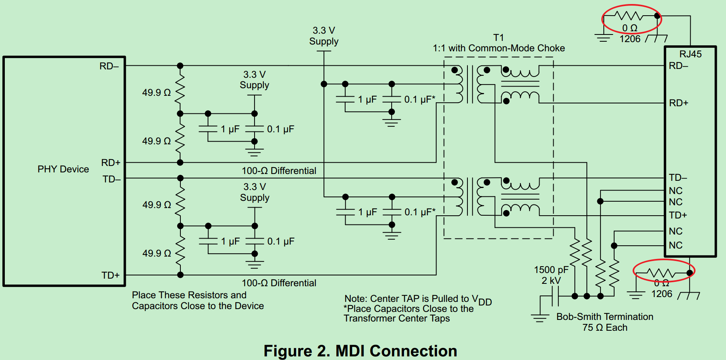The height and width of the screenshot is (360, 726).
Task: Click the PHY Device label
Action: point(63,169)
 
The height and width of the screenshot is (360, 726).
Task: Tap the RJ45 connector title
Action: point(690,54)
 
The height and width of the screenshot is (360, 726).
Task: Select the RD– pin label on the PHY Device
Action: point(109,66)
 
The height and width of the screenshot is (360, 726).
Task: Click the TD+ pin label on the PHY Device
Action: point(110,275)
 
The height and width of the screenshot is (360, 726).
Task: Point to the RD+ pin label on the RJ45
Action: point(678,103)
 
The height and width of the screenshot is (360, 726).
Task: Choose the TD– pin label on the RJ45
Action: point(677,178)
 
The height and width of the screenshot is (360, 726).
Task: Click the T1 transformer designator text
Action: point(498,38)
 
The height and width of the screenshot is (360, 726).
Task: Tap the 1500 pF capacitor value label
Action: point(551,270)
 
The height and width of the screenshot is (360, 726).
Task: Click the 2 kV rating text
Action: point(551,281)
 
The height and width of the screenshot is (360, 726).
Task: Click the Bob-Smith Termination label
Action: point(605,317)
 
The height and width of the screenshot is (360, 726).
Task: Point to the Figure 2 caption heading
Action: point(360,351)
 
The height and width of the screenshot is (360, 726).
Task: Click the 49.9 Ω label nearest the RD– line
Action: point(156,93)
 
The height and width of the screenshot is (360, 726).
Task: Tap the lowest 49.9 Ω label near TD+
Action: point(157,253)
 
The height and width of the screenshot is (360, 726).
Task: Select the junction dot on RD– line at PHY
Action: point(180,66)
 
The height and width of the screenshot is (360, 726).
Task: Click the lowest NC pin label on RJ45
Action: point(675,245)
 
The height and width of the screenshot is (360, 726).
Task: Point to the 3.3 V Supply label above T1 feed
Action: point(324,36)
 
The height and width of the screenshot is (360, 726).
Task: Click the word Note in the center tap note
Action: point(355,299)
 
